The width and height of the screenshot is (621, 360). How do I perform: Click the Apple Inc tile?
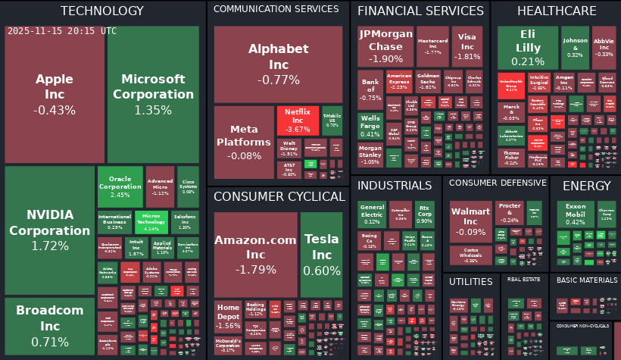coord(55,94)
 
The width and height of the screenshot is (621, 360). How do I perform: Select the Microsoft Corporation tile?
coord(153,94)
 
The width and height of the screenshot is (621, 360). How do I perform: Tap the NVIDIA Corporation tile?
coord(49,230)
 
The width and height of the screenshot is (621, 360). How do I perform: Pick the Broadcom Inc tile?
coord(49,326)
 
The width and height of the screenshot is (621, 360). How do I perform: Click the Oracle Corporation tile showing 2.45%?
coord(120,186)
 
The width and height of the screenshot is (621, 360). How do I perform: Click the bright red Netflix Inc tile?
coord(297,121)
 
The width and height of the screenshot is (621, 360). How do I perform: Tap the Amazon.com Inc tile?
coord(256,254)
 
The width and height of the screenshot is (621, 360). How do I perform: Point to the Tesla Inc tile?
coord(322,254)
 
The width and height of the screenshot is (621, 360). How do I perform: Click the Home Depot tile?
coord(228,317)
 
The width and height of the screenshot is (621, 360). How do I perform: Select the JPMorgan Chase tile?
coord(385,47)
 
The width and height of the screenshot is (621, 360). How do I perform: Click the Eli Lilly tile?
coord(527,47)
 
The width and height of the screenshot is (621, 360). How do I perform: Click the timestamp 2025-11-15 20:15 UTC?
coord(62,31)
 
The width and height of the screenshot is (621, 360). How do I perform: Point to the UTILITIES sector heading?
coord(470,281)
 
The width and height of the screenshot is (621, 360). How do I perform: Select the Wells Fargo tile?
coord(370,126)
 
